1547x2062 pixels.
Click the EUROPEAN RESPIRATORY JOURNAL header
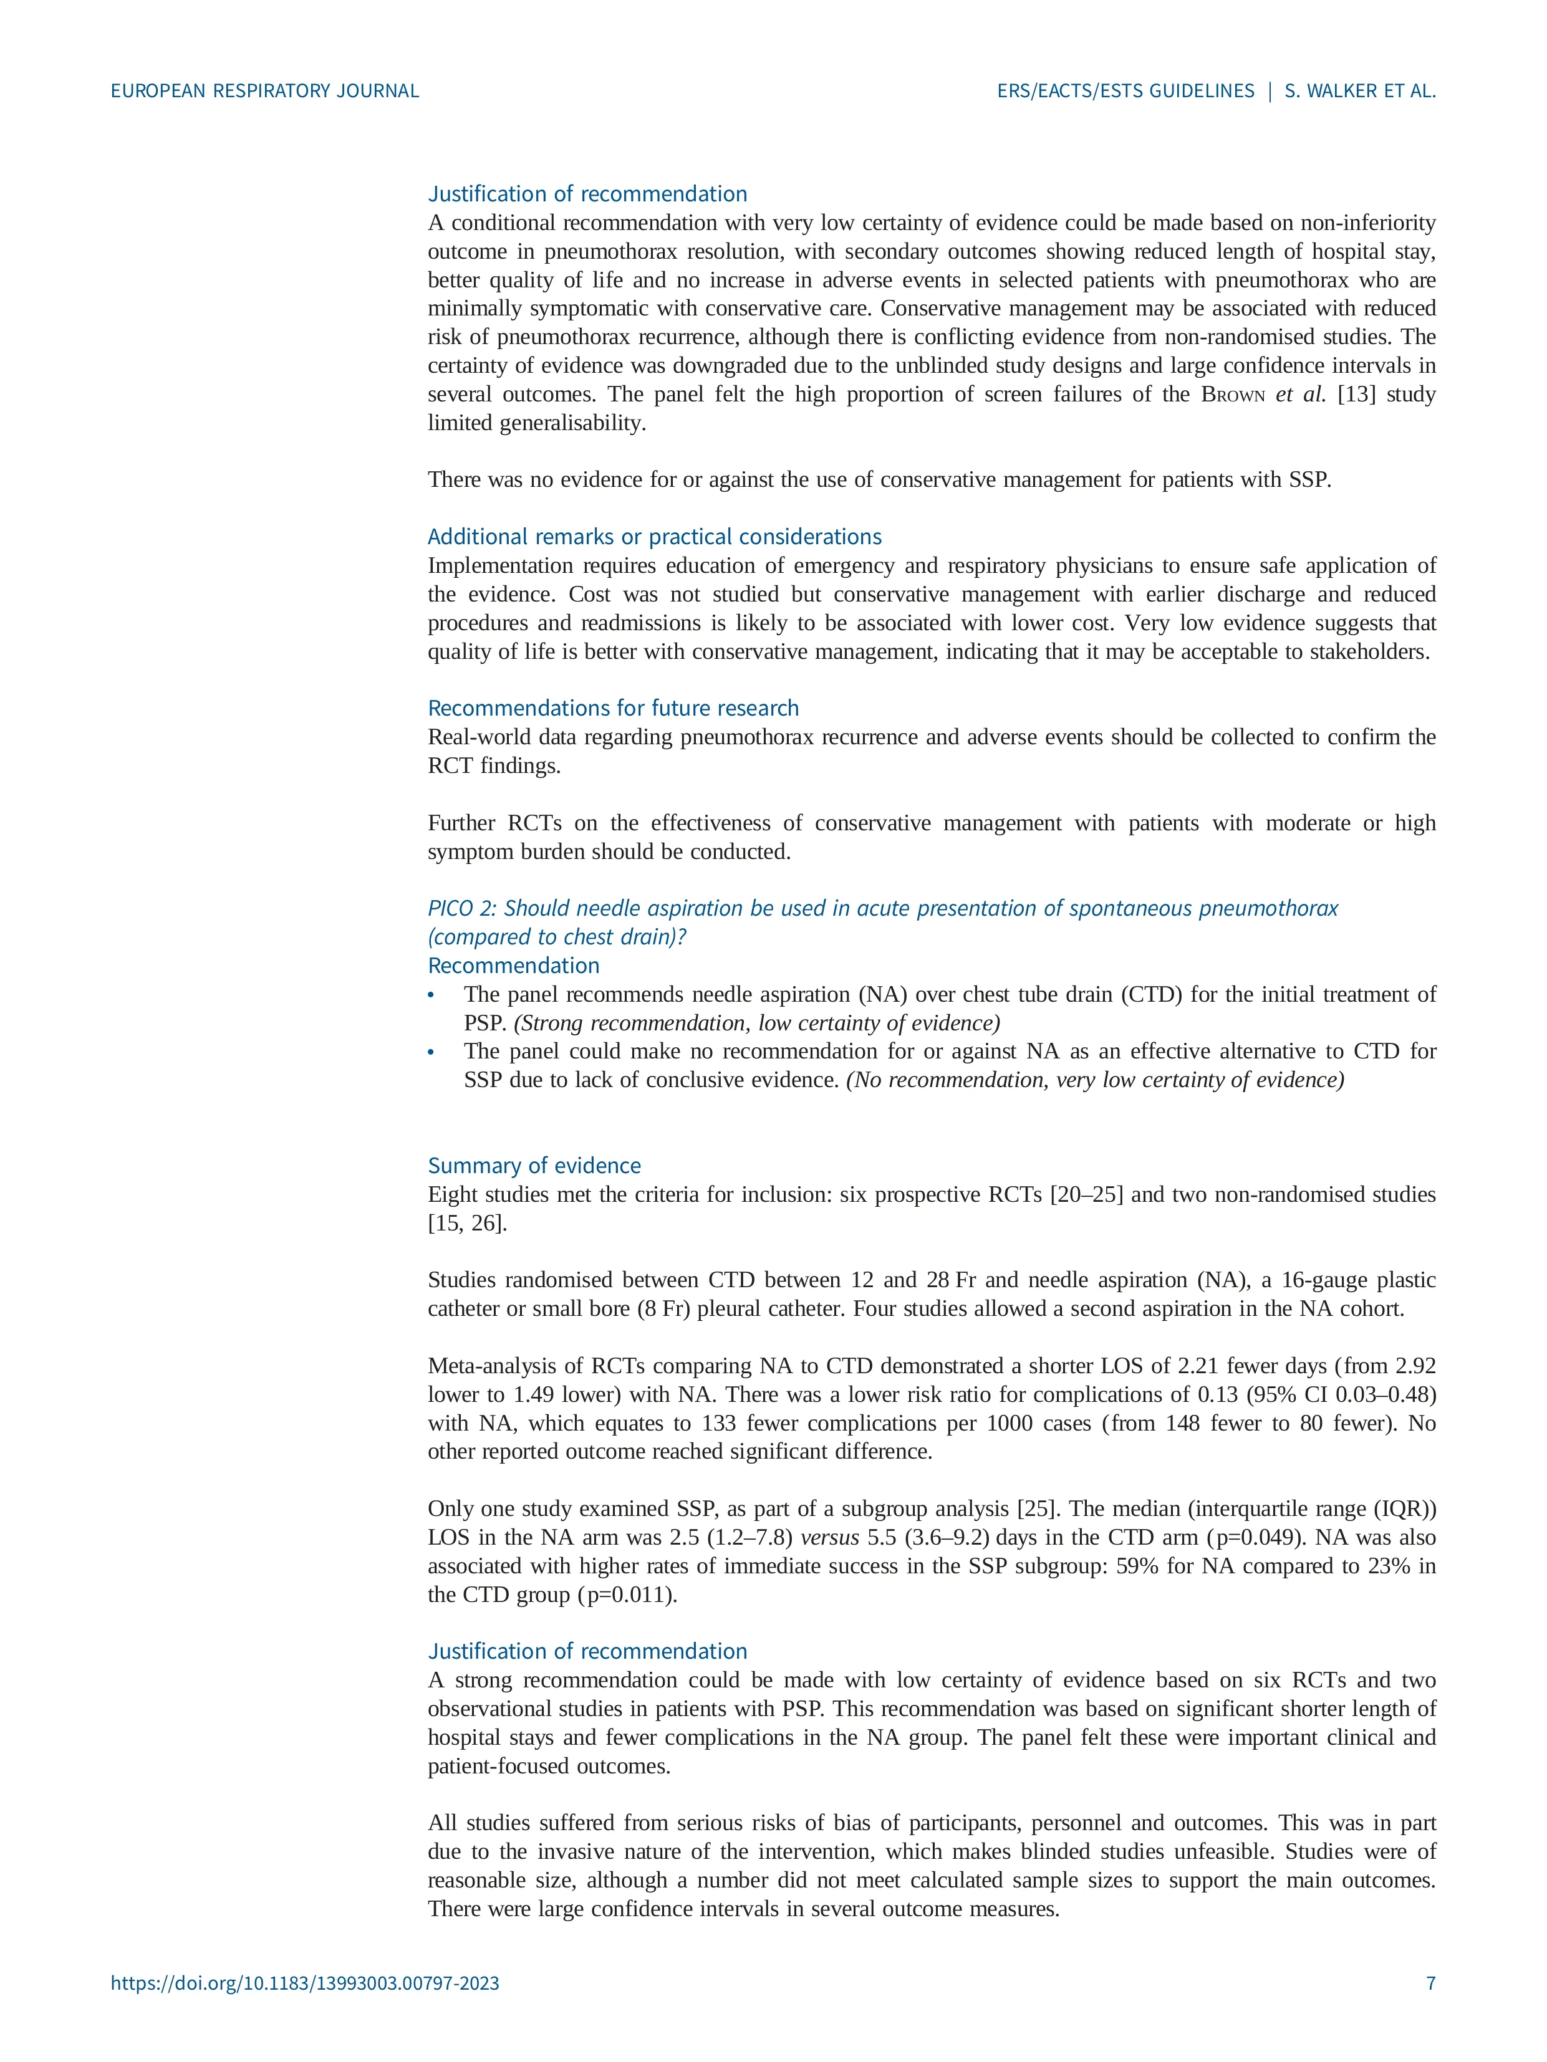(265, 92)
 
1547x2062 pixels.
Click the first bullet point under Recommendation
(431, 995)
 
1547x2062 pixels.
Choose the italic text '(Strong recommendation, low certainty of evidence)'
(756, 1023)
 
